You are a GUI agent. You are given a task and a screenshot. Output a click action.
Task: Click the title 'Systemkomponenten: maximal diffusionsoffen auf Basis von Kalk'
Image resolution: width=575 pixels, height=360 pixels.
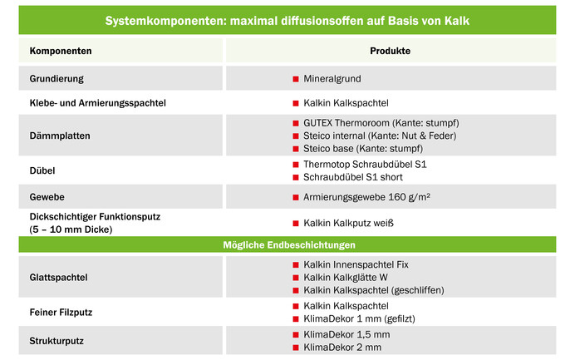[x=287, y=19]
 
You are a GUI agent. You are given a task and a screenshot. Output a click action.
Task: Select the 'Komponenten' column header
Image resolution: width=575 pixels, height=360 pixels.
[x=61, y=52]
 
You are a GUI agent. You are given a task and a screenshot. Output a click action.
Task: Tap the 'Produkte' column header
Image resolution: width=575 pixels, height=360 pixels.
[x=390, y=52]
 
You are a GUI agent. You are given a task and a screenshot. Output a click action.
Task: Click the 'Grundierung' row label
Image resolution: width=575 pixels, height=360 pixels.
[x=57, y=79]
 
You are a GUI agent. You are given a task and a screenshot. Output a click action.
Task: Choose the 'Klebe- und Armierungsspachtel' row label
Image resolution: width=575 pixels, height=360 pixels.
[x=98, y=103]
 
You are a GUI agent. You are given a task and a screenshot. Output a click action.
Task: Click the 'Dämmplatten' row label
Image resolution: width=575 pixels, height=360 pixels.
[x=60, y=135]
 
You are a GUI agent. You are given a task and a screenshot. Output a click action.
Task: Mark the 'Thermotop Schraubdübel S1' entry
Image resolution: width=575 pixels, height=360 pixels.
[x=365, y=165]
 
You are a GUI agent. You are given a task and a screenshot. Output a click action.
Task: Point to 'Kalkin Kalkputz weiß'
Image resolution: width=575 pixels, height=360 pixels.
[x=348, y=223]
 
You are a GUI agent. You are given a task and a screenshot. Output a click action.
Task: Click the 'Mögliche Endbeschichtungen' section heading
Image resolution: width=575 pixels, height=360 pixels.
[x=287, y=245]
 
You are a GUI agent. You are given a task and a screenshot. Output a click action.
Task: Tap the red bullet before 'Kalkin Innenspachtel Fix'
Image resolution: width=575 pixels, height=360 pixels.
[x=295, y=264]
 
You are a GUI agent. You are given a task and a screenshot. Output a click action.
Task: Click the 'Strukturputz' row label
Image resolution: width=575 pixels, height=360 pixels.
[x=55, y=340]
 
